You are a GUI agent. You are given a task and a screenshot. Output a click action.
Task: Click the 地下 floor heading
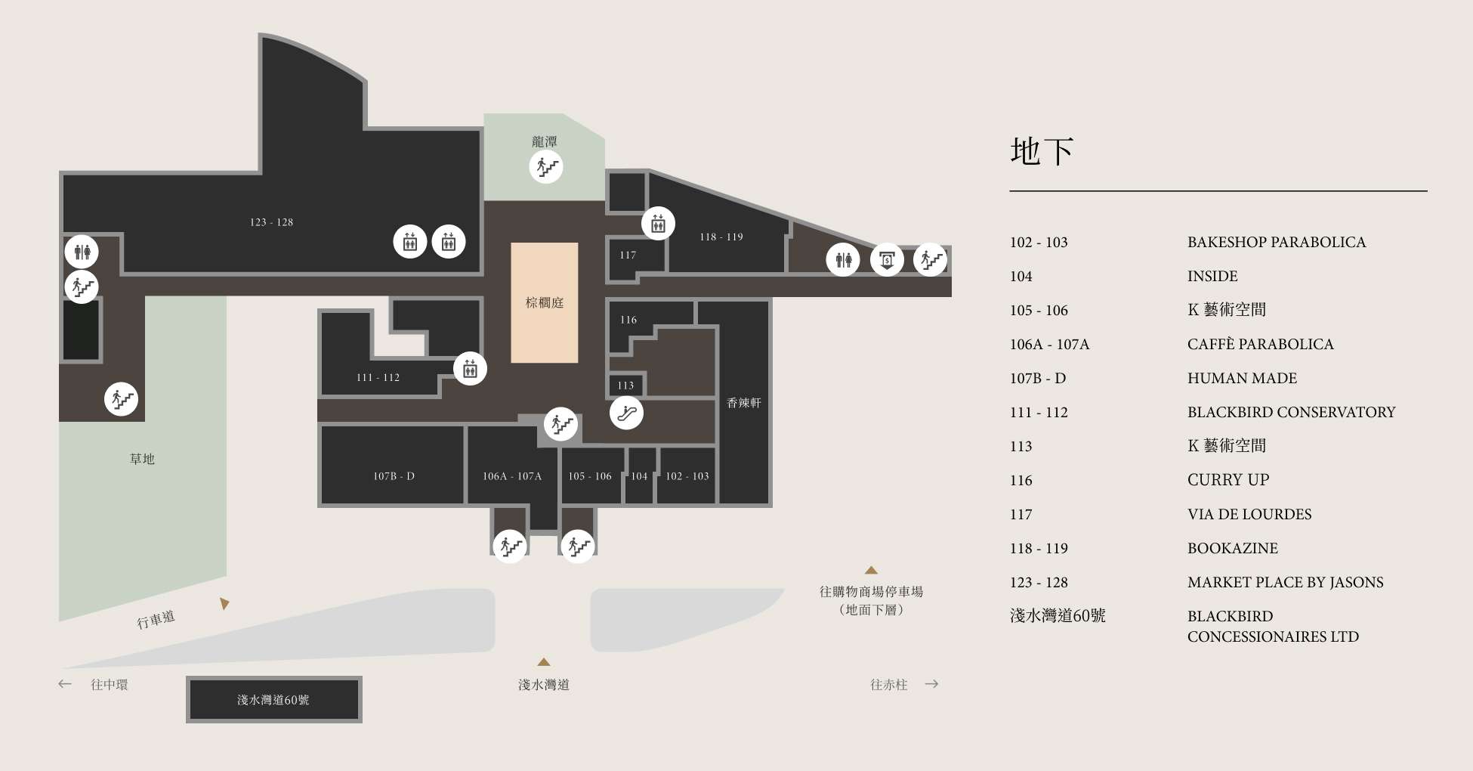pos(1042,151)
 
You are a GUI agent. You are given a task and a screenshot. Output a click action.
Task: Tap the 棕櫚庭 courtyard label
pos(545,302)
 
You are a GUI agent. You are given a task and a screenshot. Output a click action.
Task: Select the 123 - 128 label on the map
pos(271,222)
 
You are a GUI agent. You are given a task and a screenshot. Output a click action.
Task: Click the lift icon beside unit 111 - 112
pos(470,369)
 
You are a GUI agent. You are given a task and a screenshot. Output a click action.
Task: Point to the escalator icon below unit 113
pos(626,413)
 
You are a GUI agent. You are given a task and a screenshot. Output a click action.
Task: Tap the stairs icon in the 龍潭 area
pos(546,166)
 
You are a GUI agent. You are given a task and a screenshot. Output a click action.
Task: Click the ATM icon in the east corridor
pos(887,260)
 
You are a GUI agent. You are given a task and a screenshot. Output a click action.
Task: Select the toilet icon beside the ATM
pos(843,260)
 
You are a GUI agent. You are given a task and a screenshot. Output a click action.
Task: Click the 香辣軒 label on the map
pos(744,403)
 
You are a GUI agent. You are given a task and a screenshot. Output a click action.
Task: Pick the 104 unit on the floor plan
pos(639,476)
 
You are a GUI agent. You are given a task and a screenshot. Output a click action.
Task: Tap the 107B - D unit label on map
pos(394,476)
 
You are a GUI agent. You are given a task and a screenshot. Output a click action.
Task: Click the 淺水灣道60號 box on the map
pos(274,699)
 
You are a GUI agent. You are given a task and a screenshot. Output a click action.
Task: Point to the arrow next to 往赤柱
pos(931,684)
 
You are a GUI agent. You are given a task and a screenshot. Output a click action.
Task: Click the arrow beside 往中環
pos(65,684)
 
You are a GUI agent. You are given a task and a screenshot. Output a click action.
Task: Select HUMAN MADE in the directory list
pos(1242,378)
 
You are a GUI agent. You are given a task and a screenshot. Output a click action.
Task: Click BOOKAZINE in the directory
pos(1233,548)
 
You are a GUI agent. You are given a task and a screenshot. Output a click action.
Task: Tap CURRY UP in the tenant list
pos(1228,480)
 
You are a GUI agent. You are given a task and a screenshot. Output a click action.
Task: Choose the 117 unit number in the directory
pos(1021,514)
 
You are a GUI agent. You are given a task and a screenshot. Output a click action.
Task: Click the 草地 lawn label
pos(142,459)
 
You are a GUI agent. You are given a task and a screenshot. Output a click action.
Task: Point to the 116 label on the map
pos(628,320)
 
